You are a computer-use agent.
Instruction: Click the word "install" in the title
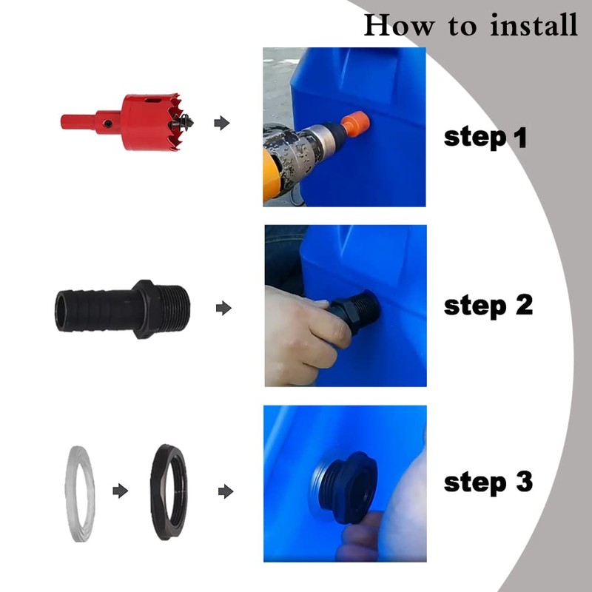point(534,25)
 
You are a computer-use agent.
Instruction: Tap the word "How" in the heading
point(399,25)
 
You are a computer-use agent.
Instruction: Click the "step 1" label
point(485,138)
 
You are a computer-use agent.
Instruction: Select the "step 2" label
point(488,306)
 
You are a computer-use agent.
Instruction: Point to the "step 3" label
point(488,482)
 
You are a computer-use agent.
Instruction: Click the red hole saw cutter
point(127,122)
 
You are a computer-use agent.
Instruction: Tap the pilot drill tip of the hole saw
point(187,122)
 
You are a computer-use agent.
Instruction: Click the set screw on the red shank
point(108,124)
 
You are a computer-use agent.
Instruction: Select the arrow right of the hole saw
point(221,123)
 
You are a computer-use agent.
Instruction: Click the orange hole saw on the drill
point(355,124)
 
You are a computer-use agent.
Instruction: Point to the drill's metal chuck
point(326,140)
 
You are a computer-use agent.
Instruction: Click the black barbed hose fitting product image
point(122,309)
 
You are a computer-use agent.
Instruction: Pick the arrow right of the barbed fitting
point(223,308)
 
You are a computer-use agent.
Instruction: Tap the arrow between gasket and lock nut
point(121,491)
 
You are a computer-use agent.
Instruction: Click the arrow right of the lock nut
point(226,491)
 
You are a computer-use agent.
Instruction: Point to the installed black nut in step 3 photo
point(349,487)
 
